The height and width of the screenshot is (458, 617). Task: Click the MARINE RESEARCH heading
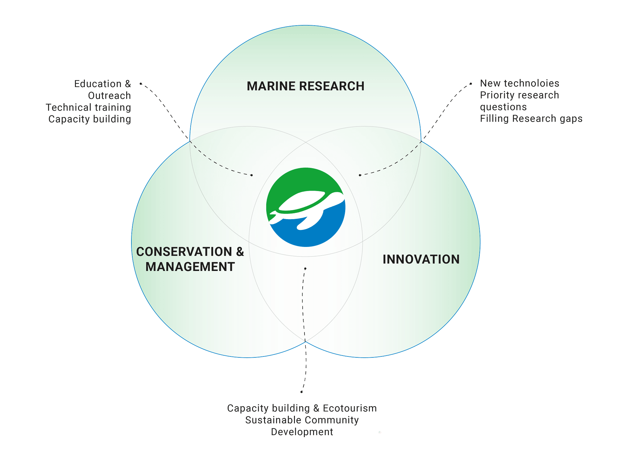(x=305, y=86)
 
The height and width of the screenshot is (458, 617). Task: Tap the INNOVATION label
(x=421, y=259)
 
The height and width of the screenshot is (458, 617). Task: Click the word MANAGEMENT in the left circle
(x=190, y=267)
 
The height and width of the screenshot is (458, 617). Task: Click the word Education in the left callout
(x=98, y=84)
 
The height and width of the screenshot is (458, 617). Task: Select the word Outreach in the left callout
(x=110, y=96)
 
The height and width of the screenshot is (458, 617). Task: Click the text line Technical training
(x=89, y=107)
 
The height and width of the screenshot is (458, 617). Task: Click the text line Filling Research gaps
(x=531, y=119)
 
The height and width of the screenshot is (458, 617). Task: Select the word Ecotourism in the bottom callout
(x=350, y=408)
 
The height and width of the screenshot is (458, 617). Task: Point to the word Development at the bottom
(x=302, y=432)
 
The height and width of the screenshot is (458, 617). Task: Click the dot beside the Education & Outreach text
(x=141, y=84)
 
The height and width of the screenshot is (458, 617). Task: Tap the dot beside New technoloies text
(x=471, y=84)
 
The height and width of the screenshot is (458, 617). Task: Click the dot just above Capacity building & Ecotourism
(x=301, y=392)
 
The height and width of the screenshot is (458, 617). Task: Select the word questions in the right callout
(x=503, y=107)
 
